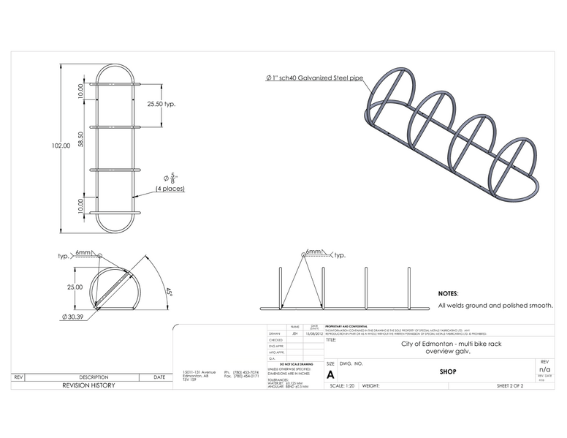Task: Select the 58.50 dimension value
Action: [81, 139]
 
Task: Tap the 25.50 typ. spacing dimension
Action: [161, 104]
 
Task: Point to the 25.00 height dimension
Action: [75, 287]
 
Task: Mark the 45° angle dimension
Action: [167, 291]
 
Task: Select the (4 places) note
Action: [170, 189]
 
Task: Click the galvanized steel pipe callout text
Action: [313, 77]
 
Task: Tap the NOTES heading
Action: [448, 292]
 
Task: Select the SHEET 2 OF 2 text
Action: [509, 385]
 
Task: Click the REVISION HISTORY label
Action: [88, 385]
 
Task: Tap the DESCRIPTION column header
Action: [94, 377]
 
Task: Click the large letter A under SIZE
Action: [331, 374]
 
